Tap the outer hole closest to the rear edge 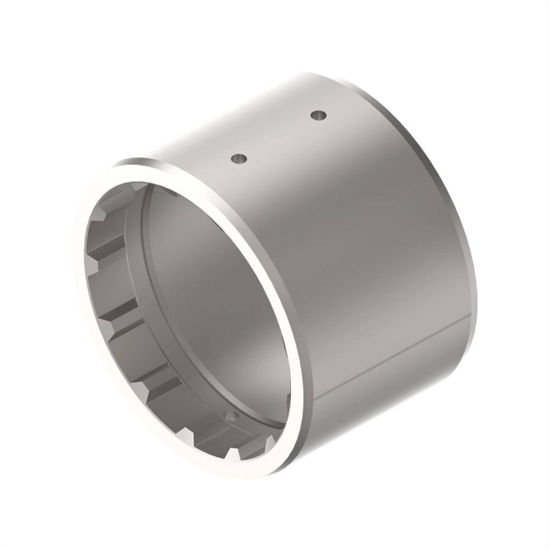pyautogui.click(x=318, y=115)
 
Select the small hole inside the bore pyautogui.click(x=230, y=413)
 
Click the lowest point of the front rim pyautogui.click(x=259, y=474)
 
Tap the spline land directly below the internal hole pyautogui.click(x=227, y=439)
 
